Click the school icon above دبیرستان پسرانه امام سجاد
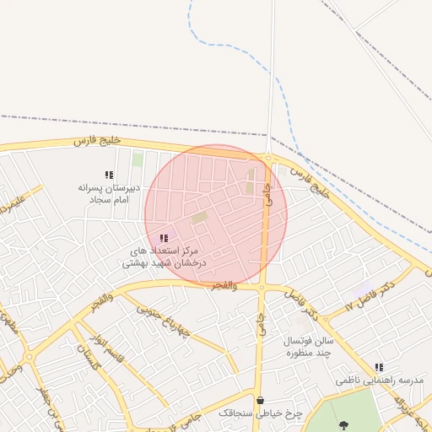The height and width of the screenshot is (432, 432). pyautogui.click(x=108, y=175)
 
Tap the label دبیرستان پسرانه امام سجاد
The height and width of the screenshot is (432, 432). pyautogui.click(x=107, y=192)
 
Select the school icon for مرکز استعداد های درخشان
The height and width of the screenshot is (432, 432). pyautogui.click(x=164, y=239)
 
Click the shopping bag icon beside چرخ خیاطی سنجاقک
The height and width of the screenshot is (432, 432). pyautogui.click(x=260, y=400)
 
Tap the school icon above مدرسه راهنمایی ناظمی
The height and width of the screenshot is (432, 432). pyautogui.click(x=379, y=367)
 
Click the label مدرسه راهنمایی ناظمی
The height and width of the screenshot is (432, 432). pyautogui.click(x=379, y=381)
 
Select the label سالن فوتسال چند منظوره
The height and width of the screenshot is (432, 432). pyautogui.click(x=310, y=346)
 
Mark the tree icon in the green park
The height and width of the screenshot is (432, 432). pyautogui.click(x=343, y=424)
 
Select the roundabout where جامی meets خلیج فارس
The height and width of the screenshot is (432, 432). pyautogui.click(x=268, y=157)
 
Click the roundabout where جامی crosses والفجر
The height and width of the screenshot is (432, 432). pyautogui.click(x=262, y=288)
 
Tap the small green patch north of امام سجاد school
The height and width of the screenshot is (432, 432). pyautogui.click(x=138, y=159)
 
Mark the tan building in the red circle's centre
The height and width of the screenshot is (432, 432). pyautogui.click(x=199, y=219)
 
